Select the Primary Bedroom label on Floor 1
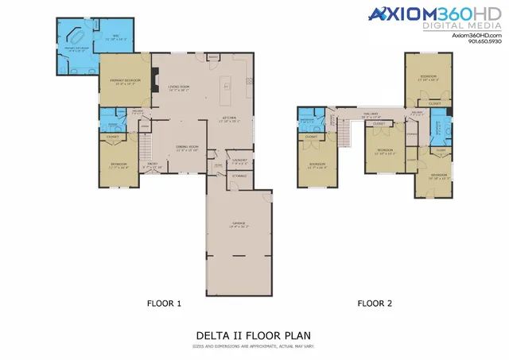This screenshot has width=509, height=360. tap(124, 81)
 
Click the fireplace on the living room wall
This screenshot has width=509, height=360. tap(157, 80)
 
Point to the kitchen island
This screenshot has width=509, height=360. tap(227, 85)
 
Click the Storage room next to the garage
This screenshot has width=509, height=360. tap(239, 176)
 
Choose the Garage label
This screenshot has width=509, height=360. tap(238, 225)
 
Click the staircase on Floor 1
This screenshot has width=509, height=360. tap(145, 146)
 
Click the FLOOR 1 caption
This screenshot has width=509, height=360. tap(165, 303)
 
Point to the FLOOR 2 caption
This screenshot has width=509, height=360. tap(374, 303)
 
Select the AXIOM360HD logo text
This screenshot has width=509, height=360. tap(434, 14)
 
